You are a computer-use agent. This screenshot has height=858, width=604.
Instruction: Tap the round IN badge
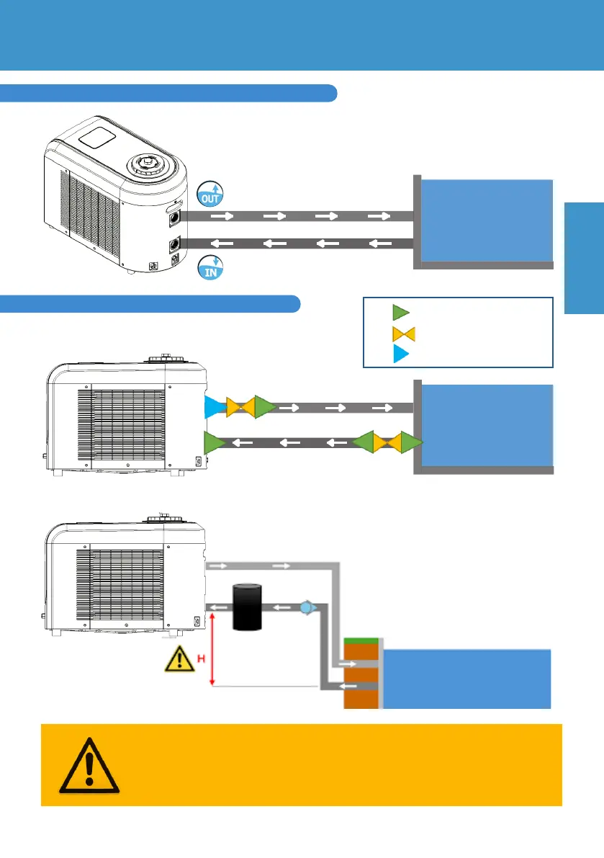click(x=209, y=265)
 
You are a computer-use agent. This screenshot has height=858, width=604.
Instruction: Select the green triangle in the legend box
click(x=400, y=312)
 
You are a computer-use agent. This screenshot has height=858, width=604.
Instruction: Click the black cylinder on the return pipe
click(x=247, y=607)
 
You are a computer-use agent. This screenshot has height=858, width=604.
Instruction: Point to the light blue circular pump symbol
click(x=305, y=607)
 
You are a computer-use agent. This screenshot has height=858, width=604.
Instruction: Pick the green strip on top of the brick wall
click(x=361, y=641)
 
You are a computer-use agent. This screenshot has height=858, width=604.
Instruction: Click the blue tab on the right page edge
click(x=583, y=257)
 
